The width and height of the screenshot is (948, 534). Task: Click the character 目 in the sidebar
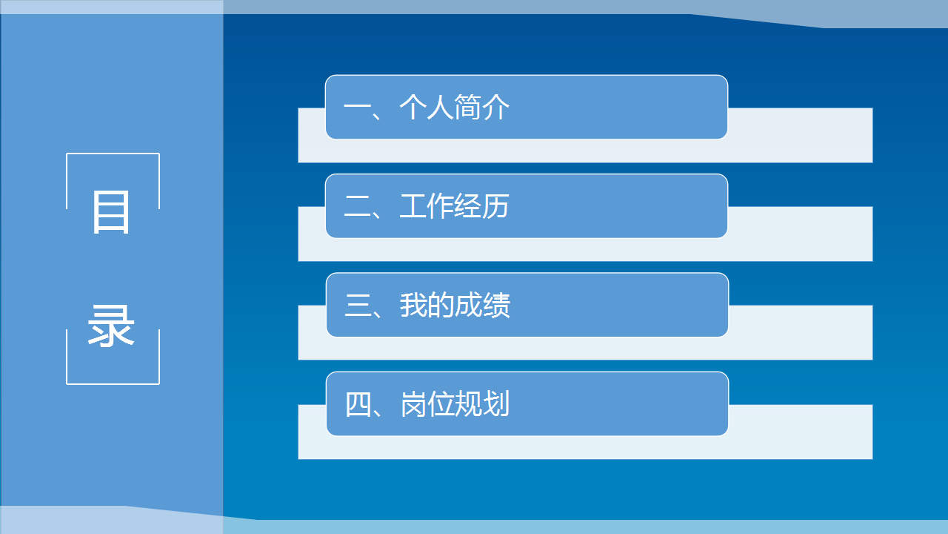(x=111, y=212)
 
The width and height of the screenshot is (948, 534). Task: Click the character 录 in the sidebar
(x=111, y=326)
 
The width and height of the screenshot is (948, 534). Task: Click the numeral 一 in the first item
(x=357, y=107)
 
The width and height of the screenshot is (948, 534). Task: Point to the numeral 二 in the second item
(x=358, y=206)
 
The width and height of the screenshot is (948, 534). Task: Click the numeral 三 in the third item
(x=358, y=305)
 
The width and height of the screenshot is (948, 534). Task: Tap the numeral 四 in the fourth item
(x=358, y=404)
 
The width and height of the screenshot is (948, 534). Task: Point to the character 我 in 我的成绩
(x=413, y=305)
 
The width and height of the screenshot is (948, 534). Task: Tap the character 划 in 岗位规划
(x=496, y=403)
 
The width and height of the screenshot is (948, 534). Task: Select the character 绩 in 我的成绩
(x=496, y=305)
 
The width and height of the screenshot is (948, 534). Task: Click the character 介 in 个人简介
(x=495, y=108)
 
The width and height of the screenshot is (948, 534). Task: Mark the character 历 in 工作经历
(x=495, y=206)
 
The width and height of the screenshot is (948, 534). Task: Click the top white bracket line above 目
(x=113, y=154)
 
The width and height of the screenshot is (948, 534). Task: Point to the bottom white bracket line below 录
(x=113, y=384)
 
